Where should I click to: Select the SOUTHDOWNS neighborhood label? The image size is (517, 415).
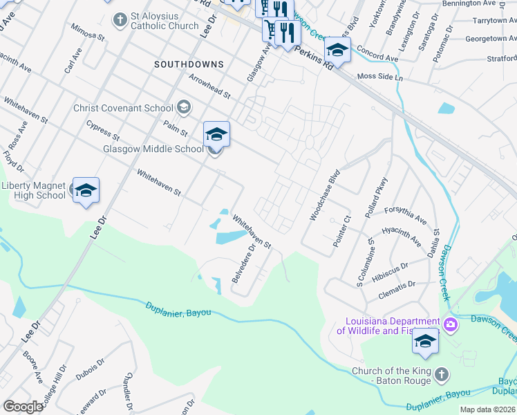(189, 64)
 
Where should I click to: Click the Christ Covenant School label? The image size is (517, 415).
(124, 108)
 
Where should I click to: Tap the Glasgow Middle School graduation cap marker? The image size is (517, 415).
(216, 133)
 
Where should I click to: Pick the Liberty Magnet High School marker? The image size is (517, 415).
(86, 190)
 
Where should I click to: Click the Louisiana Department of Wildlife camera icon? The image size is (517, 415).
(451, 324)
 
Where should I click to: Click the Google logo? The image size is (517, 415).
(23, 407)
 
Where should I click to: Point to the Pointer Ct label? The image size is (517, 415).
(343, 232)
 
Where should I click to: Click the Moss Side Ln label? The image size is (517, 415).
(379, 77)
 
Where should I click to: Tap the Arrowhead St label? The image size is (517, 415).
(209, 89)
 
